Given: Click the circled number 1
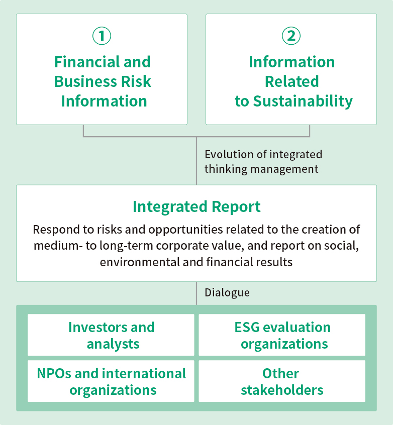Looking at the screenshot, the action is pyautogui.click(x=102, y=36).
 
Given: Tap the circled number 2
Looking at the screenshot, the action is pyautogui.click(x=291, y=36).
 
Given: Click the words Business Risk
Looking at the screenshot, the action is pyautogui.click(x=103, y=81).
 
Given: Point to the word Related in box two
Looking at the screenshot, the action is pyautogui.click(x=291, y=81).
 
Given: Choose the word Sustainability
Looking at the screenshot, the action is pyautogui.click(x=303, y=101).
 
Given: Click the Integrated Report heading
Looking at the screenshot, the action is pyautogui.click(x=197, y=207).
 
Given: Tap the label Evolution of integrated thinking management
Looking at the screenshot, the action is pyautogui.click(x=263, y=162).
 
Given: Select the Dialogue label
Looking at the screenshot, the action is pyautogui.click(x=227, y=293).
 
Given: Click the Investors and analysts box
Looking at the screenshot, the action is pyautogui.click(x=111, y=335).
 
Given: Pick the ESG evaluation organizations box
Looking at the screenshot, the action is pyautogui.click(x=282, y=335).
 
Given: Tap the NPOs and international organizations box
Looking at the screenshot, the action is pyautogui.click(x=111, y=381).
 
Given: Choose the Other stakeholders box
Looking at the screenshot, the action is pyautogui.click(x=282, y=381).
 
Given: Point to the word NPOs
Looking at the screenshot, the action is pyautogui.click(x=54, y=373).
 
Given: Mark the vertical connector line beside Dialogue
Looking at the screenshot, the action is pyautogui.click(x=197, y=293).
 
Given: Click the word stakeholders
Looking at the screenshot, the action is pyautogui.click(x=282, y=390).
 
